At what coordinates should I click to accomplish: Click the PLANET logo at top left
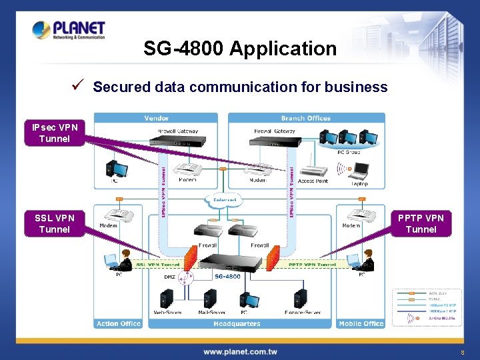68,30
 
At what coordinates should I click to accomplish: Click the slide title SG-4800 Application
240,49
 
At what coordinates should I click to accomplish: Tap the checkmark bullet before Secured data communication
78,86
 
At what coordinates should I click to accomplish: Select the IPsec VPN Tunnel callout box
55,133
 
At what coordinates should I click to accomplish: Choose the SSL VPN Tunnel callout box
55,223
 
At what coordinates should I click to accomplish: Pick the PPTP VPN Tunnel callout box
421,223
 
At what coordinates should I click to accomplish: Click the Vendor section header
157,118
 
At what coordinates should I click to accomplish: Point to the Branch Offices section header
306,118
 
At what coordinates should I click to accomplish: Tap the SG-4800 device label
227,276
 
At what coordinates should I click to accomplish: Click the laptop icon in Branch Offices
359,172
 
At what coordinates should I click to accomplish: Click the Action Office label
119,324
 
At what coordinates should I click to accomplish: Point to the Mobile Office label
361,324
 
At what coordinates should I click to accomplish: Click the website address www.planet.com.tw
240,351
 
